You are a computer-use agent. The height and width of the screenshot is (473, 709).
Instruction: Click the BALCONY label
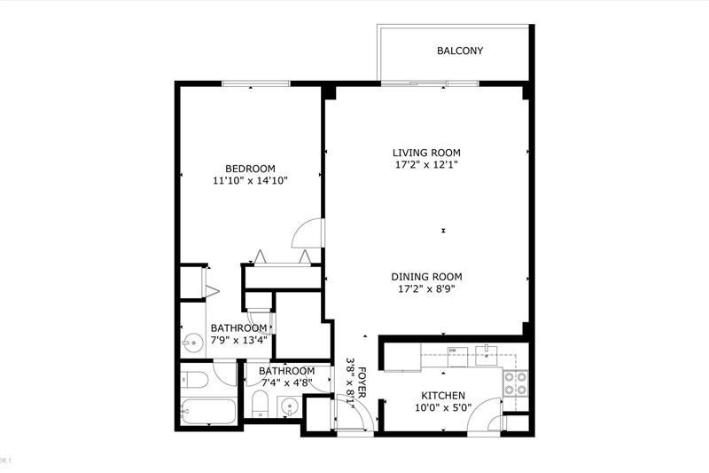[x=460, y=51]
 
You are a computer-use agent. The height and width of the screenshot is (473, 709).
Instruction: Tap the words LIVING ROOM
[x=426, y=153]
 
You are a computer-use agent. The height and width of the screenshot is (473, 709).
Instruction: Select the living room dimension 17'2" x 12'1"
[x=426, y=164]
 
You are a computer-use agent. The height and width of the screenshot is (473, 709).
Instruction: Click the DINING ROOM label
[x=426, y=276]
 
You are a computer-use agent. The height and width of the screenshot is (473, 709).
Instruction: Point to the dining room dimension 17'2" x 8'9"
[x=426, y=288]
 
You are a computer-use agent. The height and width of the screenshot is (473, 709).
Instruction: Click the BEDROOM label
[x=250, y=169]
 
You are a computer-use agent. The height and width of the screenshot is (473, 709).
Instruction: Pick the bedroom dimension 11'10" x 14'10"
[x=251, y=180]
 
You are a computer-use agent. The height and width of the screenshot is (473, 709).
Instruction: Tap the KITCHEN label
[x=443, y=396]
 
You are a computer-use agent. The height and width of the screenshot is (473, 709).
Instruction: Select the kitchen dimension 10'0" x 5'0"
[x=443, y=407]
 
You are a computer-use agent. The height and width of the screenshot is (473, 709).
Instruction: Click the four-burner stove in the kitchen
[x=515, y=382]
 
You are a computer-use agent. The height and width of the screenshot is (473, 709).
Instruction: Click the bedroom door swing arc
[x=306, y=233]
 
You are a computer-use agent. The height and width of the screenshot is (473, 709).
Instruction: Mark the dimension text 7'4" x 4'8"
[x=286, y=382]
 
